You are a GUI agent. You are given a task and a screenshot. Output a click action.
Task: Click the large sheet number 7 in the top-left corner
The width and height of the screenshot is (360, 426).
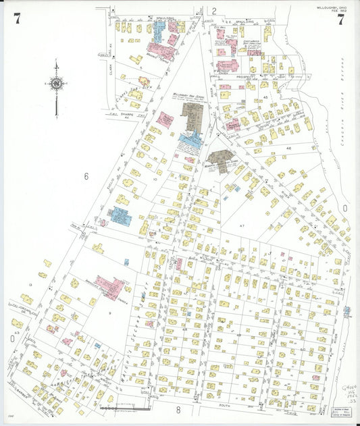[16, 18]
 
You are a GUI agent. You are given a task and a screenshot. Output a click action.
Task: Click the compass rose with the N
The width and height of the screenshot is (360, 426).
[57, 84]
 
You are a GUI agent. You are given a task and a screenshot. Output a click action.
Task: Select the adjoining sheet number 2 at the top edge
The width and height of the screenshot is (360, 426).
[213, 11]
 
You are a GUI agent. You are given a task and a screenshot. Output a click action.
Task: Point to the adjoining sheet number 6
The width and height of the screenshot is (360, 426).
[86, 176]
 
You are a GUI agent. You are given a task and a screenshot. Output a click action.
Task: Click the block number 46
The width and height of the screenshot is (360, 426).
[288, 147]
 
